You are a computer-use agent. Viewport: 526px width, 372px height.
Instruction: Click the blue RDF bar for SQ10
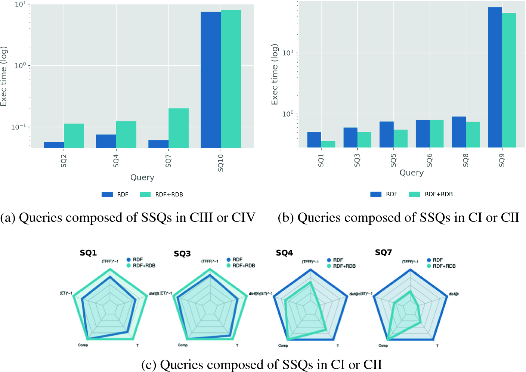pyautogui.click(x=211, y=80)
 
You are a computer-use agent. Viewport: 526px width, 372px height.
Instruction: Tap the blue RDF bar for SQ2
pyautogui.click(x=54, y=145)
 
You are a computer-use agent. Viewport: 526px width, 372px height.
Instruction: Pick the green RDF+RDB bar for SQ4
pyautogui.click(x=126, y=134)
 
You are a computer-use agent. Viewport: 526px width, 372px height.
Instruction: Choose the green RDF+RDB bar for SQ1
pyautogui.click(x=328, y=144)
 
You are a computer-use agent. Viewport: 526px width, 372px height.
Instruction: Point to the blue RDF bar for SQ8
pyautogui.click(x=459, y=132)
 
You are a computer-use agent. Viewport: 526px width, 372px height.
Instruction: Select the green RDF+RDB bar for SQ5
pyautogui.click(x=400, y=138)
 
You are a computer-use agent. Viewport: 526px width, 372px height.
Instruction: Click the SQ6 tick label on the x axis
pyautogui.click(x=430, y=160)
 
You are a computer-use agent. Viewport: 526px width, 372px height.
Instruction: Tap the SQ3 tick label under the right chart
pyautogui.click(x=357, y=160)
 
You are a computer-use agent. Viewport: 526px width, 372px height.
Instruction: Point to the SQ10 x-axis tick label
pyautogui.click(x=220, y=163)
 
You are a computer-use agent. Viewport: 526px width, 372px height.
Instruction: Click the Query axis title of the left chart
pyautogui.click(x=142, y=177)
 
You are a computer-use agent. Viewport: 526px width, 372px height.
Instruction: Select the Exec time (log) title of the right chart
pyautogui.click(x=275, y=75)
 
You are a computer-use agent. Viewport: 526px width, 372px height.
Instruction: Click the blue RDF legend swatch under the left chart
pyautogui.click(x=107, y=194)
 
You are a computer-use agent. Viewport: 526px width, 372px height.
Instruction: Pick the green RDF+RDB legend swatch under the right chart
pyautogui.click(x=414, y=194)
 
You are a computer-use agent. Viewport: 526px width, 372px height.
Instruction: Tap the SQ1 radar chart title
pyautogui.click(x=88, y=253)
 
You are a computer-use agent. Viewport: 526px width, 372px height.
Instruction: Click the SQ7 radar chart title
pyautogui.click(x=383, y=252)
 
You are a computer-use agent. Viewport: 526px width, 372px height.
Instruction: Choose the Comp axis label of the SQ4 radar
pyautogui.click(x=283, y=345)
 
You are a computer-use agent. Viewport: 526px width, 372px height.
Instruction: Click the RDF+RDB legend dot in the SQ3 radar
pyautogui.click(x=229, y=266)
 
